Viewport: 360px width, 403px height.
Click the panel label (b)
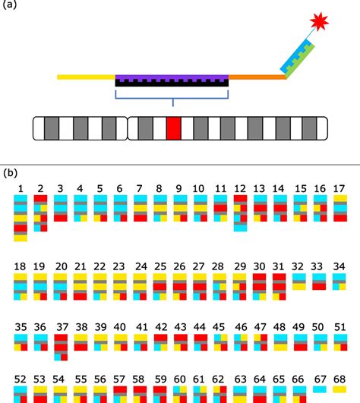[12, 173]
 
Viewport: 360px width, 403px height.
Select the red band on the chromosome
[174, 128]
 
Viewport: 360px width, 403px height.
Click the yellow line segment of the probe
[86, 77]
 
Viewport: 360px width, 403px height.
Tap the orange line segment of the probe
[257, 77]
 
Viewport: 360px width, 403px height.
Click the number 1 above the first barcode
[21, 187]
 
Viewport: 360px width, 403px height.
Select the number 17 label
[339, 187]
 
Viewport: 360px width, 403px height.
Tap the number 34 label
[339, 266]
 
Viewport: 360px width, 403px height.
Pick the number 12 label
[241, 187]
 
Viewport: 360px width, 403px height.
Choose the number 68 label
[339, 379]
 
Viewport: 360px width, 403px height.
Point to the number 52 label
[21, 379]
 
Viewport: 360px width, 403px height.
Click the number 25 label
[159, 266]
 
